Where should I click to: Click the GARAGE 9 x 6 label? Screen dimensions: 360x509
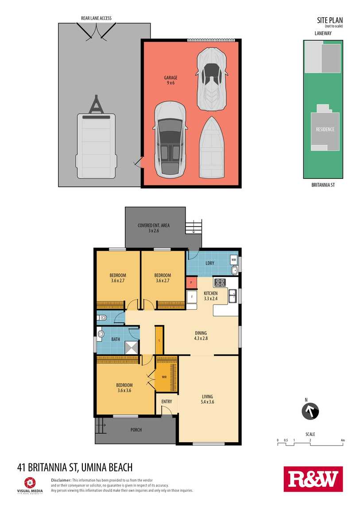pos(170,80)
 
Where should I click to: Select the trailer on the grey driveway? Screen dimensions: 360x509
pos(96,138)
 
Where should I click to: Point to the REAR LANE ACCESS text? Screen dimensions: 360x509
pos(96,18)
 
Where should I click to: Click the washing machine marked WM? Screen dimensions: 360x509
pos(234,260)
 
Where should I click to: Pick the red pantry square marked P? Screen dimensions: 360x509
pos(191,282)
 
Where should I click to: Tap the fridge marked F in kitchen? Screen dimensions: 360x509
pos(192,297)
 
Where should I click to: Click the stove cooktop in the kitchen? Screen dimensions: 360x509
pos(220,282)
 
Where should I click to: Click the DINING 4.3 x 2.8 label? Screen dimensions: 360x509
pos(201,335)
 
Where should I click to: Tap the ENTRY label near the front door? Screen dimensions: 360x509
pos(166,401)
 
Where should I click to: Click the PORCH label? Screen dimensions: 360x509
pos(136,430)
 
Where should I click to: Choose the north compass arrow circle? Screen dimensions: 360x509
pos(310,412)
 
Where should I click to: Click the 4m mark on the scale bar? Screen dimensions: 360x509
pos(343,440)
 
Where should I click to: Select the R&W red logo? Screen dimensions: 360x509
pos(313,479)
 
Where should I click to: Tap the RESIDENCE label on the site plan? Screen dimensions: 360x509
pos(325,129)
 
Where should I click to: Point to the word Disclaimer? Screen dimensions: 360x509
pos(61,480)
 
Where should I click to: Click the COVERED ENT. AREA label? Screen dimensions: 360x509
pos(154,225)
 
